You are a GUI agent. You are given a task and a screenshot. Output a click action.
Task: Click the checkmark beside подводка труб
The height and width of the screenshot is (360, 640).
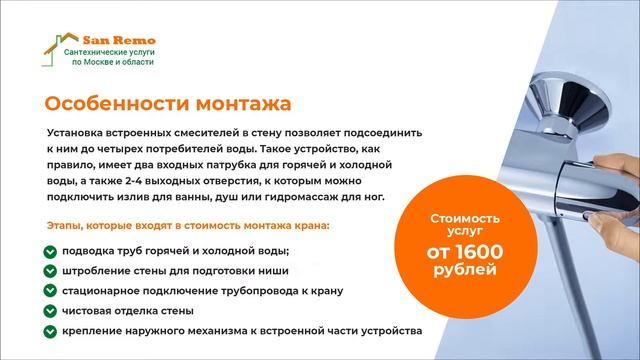point(50,251)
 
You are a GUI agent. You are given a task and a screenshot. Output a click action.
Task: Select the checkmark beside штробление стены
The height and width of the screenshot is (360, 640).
point(50,271)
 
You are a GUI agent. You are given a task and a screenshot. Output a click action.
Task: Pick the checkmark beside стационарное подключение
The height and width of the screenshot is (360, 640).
point(50,291)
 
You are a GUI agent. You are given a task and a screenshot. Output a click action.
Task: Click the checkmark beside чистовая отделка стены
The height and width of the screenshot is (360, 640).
point(50,311)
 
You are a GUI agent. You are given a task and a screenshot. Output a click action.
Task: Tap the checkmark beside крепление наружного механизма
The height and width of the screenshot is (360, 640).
point(50,331)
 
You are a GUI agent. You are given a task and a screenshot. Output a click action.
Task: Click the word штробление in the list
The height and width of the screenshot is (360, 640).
point(95,271)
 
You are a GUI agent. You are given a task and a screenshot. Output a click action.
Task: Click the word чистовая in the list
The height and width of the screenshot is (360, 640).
point(88,311)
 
